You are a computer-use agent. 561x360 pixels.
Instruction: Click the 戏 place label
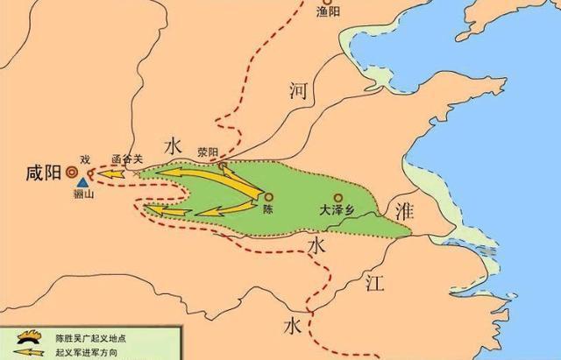pos(84,159)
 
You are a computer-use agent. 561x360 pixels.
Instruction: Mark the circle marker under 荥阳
pos(221,164)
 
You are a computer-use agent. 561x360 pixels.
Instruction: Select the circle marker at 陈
pos(268,197)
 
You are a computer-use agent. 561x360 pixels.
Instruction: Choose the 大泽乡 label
pos(336,211)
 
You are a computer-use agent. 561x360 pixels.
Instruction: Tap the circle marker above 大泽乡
pos(336,197)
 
